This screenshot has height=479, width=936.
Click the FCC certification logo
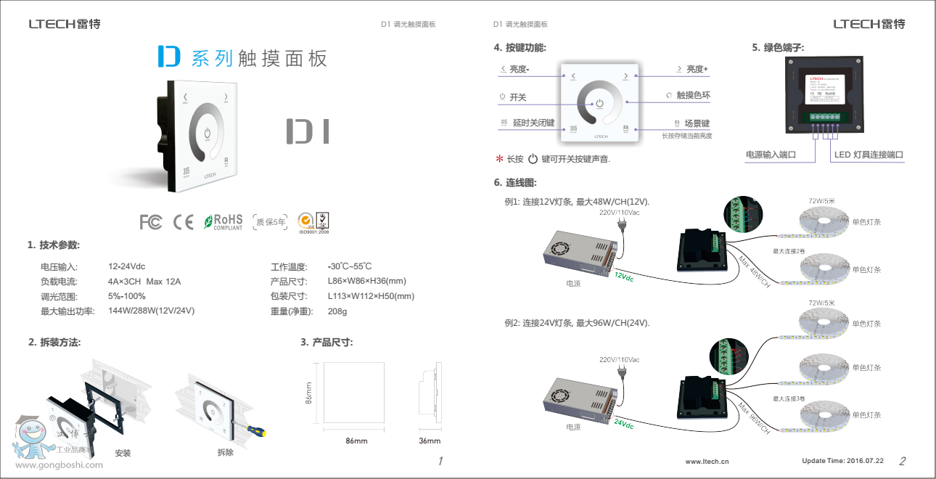coord(151,221)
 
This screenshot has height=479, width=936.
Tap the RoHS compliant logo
coord(223,221)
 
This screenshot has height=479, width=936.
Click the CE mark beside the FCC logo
coord(184,221)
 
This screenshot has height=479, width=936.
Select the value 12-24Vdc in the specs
coord(126,267)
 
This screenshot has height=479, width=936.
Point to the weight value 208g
coord(337,311)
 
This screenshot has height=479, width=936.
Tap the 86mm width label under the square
coord(356,441)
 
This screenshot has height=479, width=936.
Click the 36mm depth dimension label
coord(430,441)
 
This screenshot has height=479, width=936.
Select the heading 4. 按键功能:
coord(520,48)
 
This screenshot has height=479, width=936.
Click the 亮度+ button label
coord(697,69)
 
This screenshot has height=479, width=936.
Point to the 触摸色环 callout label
coord(693,95)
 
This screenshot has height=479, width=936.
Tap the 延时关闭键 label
coord(533,123)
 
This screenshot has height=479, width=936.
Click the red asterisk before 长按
coord(499,159)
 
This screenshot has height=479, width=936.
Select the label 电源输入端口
coord(771,155)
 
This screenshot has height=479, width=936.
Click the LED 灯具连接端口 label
coord(868,155)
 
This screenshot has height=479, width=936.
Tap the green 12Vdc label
coord(624,277)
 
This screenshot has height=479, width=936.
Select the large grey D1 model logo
coord(307,131)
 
